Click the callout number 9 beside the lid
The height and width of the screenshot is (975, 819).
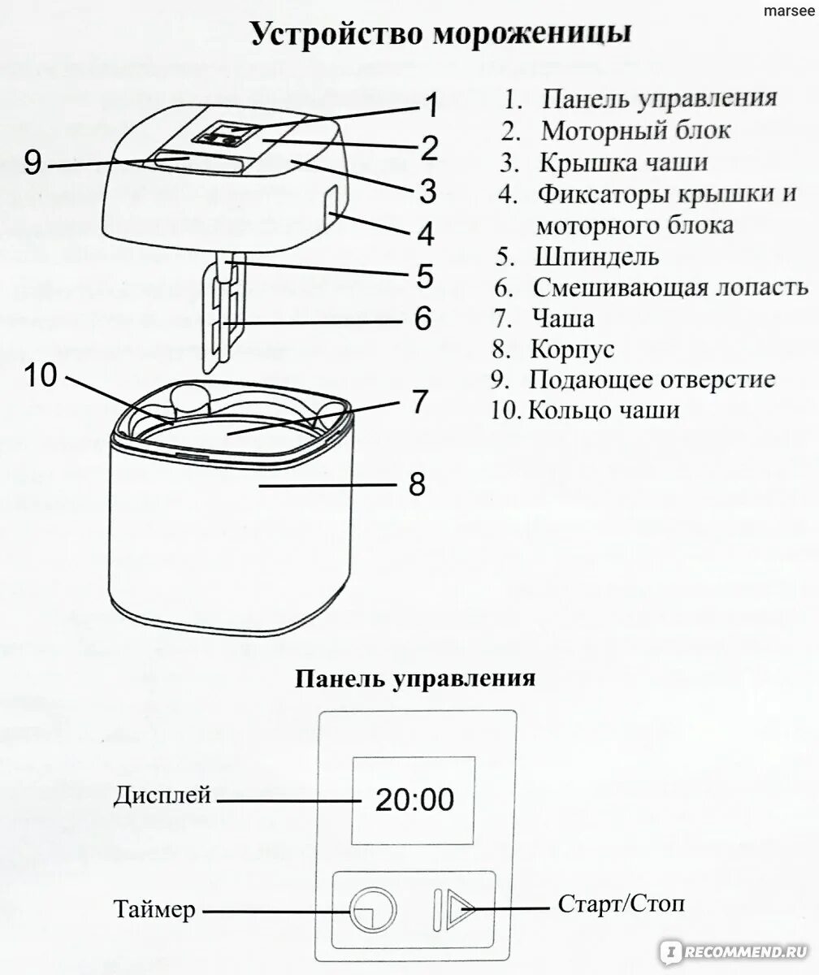(32, 162)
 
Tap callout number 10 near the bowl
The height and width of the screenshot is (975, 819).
(41, 375)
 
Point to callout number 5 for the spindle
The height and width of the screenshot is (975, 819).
(424, 275)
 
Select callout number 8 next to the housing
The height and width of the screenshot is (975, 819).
(416, 484)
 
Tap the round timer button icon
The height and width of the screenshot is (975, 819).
(373, 908)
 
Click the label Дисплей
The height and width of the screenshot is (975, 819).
(162, 794)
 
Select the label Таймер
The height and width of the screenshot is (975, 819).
(155, 911)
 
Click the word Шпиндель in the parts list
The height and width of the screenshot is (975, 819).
(597, 257)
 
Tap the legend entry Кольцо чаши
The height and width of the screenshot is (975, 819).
(603, 409)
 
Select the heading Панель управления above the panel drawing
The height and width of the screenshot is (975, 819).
(414, 678)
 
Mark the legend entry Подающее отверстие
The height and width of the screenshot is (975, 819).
(652, 379)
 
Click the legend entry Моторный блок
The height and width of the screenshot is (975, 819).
(635, 130)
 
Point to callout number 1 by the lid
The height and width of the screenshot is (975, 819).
(431, 106)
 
